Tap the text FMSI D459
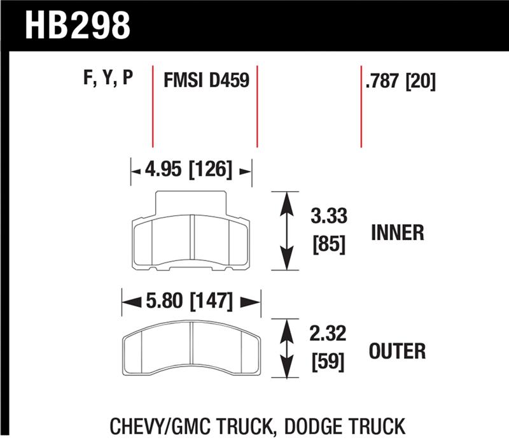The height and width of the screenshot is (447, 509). point(206,81)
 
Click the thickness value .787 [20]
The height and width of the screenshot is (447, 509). point(401,82)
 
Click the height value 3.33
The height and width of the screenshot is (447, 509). point(329,216)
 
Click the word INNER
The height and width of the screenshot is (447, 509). point(397,232)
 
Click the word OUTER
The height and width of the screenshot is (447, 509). point(397,350)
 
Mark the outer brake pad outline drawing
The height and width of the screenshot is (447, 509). point(191,347)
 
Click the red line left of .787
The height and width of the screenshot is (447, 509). point(361,106)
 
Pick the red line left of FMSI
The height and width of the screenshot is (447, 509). point(153,106)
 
